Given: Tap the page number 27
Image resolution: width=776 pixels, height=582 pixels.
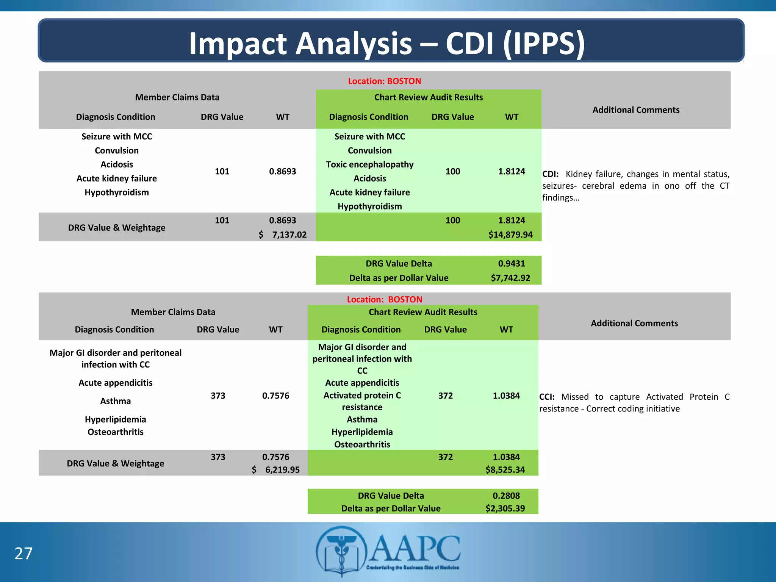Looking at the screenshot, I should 23,554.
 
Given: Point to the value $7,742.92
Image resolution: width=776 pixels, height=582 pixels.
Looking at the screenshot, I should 510,278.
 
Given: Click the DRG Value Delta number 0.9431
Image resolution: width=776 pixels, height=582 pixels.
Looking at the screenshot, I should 511,263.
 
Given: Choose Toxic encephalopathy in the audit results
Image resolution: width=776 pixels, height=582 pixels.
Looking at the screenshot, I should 369,164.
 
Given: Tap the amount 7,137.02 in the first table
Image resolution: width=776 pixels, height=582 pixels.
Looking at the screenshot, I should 289,235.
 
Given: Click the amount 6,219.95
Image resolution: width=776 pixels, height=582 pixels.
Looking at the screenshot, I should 282,470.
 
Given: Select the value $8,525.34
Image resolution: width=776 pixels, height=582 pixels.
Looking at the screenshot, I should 505,470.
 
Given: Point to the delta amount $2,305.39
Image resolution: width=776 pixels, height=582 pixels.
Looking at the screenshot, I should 505,508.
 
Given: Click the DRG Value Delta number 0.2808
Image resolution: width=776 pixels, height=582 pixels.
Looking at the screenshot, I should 506,496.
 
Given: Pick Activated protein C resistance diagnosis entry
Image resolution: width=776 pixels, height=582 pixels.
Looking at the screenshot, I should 362,401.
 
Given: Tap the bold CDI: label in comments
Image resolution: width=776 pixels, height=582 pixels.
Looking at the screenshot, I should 550,174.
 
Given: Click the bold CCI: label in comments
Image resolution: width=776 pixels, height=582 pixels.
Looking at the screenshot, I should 547,397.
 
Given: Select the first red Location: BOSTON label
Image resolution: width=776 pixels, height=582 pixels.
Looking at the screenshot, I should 384,81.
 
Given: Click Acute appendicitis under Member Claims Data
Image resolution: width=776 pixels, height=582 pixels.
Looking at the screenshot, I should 115,383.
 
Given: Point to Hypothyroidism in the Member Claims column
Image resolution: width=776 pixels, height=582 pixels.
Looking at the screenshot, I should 116,192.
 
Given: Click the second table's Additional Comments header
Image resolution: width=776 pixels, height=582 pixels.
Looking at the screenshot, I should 634,323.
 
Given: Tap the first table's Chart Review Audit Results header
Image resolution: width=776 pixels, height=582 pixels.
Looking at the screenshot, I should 428,97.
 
